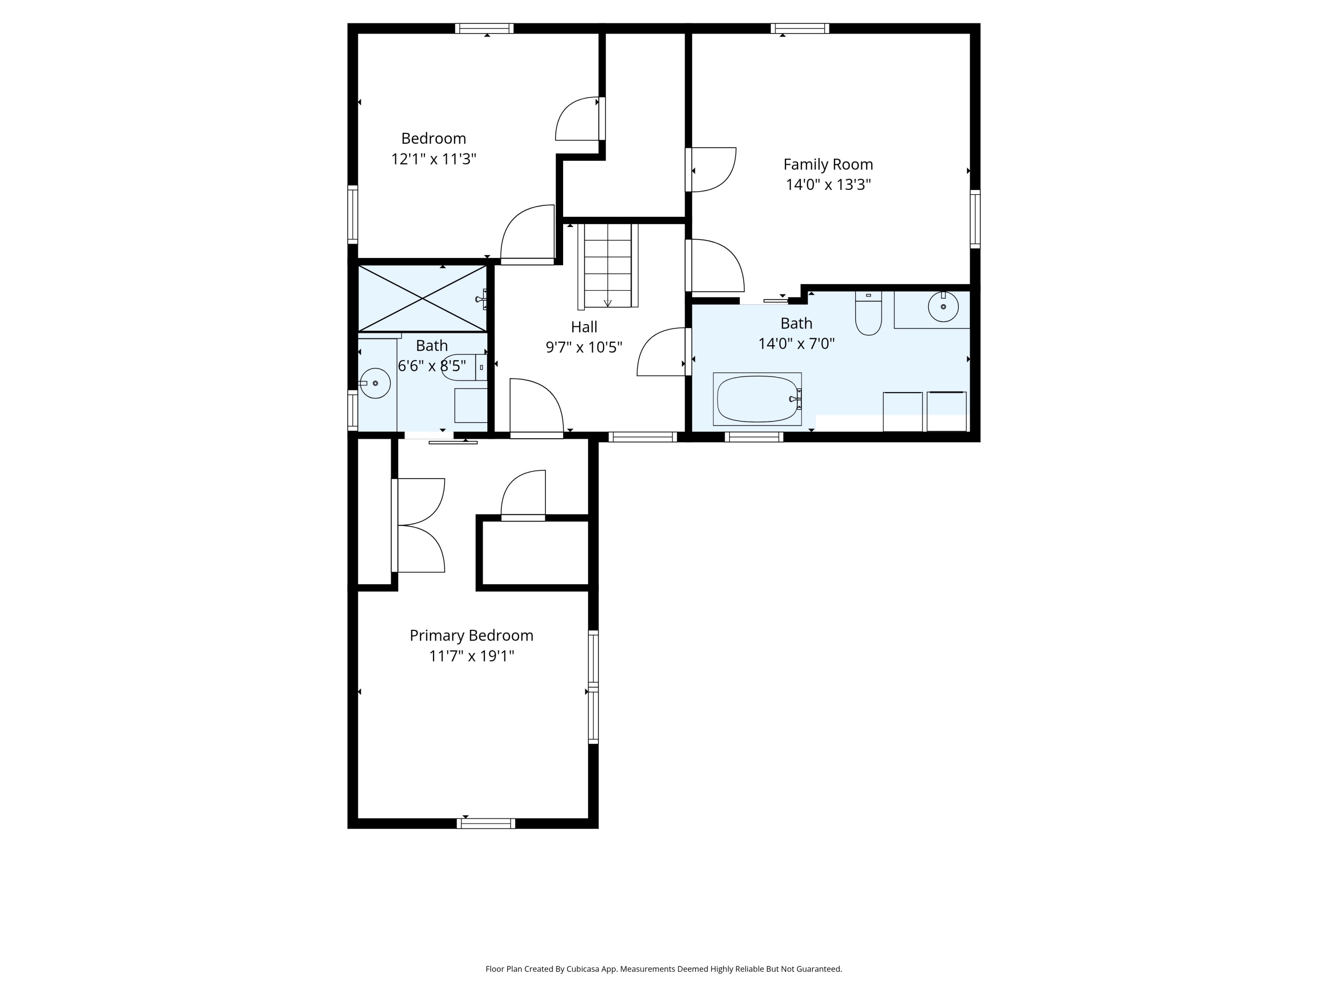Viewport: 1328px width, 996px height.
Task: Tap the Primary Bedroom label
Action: click(x=471, y=635)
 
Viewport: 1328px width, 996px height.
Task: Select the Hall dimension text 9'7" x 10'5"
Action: click(x=583, y=347)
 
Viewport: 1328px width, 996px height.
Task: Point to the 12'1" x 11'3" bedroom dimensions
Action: click(x=433, y=159)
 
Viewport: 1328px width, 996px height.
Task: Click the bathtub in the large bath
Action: click(x=757, y=399)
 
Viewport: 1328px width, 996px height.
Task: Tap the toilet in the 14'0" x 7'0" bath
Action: click(x=868, y=313)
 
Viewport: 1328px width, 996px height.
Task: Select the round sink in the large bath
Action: click(x=943, y=307)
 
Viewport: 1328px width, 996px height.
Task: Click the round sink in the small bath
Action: click(x=374, y=383)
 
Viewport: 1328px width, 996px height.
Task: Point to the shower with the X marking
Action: click(x=423, y=298)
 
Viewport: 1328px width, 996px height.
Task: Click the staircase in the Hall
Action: click(x=608, y=265)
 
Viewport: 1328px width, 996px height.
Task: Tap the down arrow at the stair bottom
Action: click(x=608, y=303)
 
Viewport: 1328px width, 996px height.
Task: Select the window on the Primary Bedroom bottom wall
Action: click(x=486, y=823)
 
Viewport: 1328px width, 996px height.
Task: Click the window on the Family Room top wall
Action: click(x=800, y=28)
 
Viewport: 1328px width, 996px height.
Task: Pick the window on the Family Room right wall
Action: click(x=975, y=219)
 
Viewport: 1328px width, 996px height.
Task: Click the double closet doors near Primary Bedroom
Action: click(x=418, y=525)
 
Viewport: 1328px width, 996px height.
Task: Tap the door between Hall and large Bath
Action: click(x=662, y=352)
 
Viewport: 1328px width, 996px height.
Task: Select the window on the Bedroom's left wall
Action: click(x=353, y=214)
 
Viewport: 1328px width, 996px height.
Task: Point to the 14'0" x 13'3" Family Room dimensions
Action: click(x=828, y=184)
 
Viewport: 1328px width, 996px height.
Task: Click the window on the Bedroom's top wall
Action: click(x=484, y=28)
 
